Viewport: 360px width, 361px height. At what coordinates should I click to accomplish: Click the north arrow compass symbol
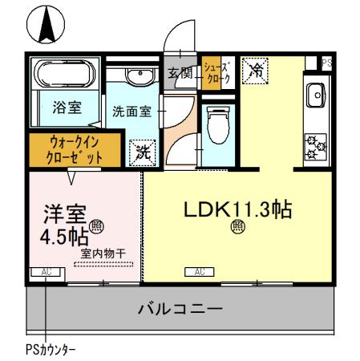pos(47,24)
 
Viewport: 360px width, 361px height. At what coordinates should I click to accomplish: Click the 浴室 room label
pos(64,110)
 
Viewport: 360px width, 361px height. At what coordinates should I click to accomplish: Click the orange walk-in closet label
pos(75,149)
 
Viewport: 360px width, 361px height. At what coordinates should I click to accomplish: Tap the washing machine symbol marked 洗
pos(142,150)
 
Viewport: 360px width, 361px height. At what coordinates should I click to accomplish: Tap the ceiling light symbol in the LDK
pos(238,227)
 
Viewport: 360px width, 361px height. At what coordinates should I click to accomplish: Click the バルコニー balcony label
pos(180,307)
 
